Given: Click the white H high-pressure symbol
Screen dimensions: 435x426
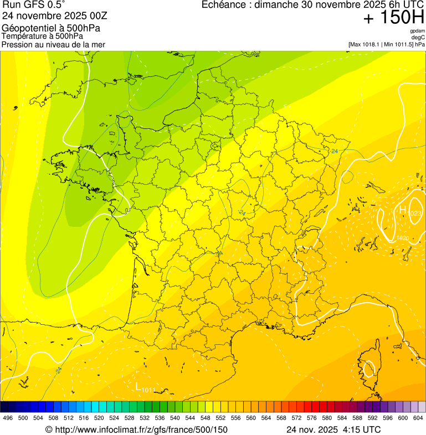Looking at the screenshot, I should [403, 210].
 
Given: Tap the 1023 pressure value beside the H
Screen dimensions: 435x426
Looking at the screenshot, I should [415, 214].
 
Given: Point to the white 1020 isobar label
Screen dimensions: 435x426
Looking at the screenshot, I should [403, 238].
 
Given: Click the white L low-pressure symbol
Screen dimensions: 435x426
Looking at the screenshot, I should [138, 386].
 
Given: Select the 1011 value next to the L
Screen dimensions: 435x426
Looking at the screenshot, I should [148, 390].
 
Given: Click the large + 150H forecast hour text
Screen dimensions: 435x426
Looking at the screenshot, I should [393, 18].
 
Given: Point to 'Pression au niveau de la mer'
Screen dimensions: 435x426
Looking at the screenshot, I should [53, 44].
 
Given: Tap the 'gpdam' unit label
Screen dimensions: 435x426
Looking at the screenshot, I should [418, 31].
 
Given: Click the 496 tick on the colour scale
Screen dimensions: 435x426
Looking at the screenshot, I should [8, 418].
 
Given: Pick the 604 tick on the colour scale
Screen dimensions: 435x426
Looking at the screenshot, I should [418, 418].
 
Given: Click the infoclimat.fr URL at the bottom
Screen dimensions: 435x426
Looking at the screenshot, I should [136, 429].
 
